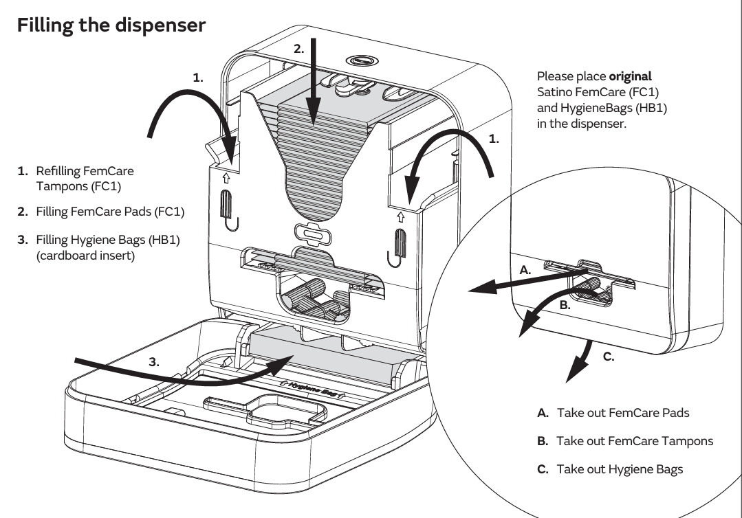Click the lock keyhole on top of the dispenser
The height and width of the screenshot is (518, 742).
pos(359,60)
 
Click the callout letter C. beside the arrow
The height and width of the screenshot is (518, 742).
pos(608,358)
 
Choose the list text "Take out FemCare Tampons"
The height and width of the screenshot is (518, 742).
pos(634,441)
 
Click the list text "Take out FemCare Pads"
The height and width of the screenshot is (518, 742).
pos(622,413)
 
